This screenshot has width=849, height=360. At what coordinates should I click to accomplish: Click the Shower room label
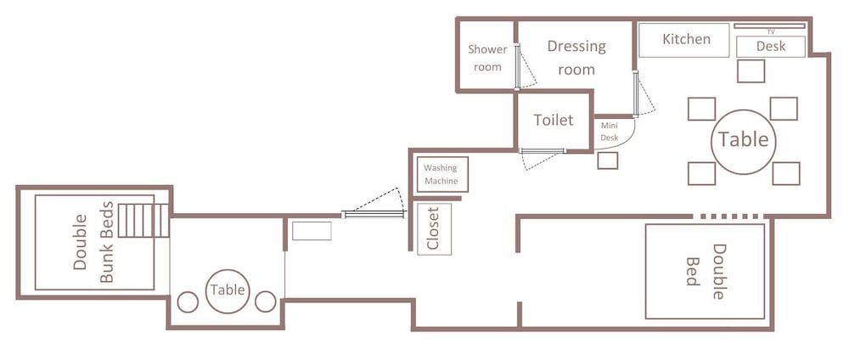(x=487, y=58)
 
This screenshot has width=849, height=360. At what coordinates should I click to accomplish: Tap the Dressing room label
(x=576, y=58)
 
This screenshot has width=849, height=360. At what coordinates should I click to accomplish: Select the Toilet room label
(x=554, y=121)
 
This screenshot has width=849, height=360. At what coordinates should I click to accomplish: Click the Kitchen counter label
(x=686, y=39)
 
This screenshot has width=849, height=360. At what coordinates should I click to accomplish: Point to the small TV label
(x=771, y=31)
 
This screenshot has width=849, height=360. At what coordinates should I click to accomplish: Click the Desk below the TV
(x=771, y=47)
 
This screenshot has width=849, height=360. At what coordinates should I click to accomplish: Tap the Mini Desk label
(x=609, y=131)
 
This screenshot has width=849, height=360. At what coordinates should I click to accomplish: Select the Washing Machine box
(x=441, y=175)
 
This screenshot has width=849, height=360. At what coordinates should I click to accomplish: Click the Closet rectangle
(x=434, y=229)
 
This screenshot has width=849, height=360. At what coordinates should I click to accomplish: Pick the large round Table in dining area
(x=744, y=140)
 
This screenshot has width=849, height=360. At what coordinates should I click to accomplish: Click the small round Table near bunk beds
(x=228, y=290)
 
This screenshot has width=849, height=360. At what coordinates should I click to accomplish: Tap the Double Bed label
(x=706, y=271)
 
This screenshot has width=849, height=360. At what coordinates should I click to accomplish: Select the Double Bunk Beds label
(x=93, y=242)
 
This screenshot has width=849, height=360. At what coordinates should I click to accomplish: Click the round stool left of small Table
(x=188, y=301)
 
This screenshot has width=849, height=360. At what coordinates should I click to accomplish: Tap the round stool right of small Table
(x=266, y=301)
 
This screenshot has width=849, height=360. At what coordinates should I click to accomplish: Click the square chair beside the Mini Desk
(x=607, y=160)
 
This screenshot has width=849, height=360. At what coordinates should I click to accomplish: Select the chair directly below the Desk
(x=751, y=71)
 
